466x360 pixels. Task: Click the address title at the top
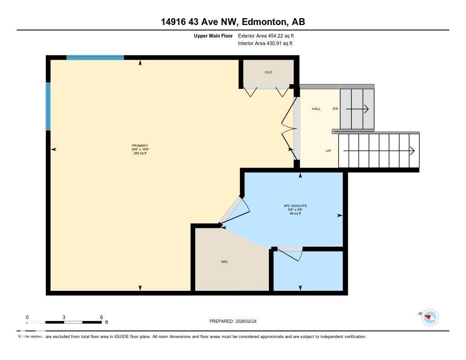pos(233,22)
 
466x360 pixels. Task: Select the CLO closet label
pos(268,72)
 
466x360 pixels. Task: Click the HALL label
pos(316,109)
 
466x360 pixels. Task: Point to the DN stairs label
pos(335,109)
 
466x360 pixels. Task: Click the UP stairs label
pos(328,151)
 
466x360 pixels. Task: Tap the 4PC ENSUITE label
pos(295,206)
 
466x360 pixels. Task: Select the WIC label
pos(224,262)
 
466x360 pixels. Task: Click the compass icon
pos(430,317)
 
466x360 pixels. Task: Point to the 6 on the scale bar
pos(101,317)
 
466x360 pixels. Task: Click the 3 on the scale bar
pos(64,317)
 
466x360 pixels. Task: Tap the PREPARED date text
pos(236,321)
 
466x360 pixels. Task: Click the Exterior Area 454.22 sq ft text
pos(269,35)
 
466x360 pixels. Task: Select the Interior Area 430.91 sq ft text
pos(265,44)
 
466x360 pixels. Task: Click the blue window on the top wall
pos(95,57)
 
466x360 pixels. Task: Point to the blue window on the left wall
pos(48,106)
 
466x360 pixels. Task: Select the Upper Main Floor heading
pos(213,35)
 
